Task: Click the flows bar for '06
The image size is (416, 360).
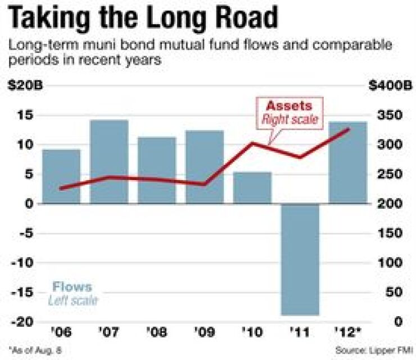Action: (61, 175)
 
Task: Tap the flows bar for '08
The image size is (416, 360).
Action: (157, 170)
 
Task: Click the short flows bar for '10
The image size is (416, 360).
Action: (252, 187)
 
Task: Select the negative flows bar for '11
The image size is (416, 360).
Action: (300, 259)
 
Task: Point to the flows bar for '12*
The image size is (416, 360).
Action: (347, 162)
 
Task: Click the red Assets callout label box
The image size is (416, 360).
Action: (291, 112)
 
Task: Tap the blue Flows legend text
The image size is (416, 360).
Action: (73, 287)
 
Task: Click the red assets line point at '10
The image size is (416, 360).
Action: (252, 143)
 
